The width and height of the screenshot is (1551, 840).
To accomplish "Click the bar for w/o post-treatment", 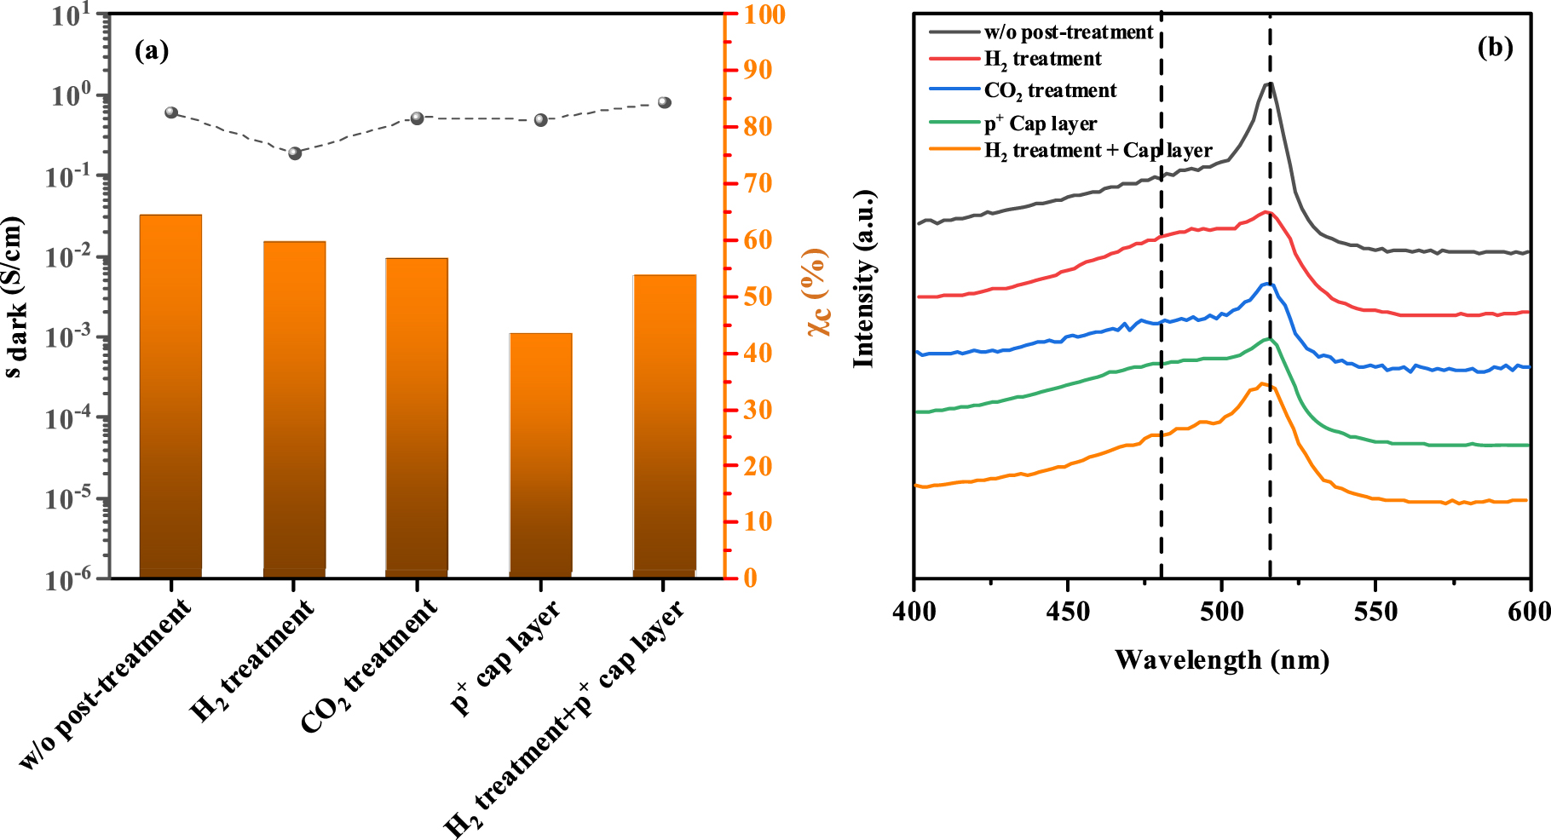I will pyautogui.click(x=170, y=396).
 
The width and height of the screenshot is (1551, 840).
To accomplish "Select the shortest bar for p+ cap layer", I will pyautogui.click(x=540, y=456).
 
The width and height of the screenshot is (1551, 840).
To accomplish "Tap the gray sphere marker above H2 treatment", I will pyautogui.click(x=295, y=153).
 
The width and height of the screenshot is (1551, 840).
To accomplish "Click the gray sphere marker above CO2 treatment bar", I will pyautogui.click(x=418, y=118).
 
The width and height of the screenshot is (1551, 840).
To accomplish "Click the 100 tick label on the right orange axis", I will pyautogui.click(x=764, y=14).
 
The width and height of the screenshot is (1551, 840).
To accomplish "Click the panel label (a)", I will pyautogui.click(x=152, y=51).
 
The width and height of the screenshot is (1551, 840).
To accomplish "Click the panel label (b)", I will pyautogui.click(x=1495, y=48).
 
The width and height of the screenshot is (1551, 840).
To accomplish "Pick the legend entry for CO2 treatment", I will pyautogui.click(x=1050, y=90).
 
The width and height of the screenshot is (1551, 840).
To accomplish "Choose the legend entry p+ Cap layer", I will pyautogui.click(x=1040, y=124).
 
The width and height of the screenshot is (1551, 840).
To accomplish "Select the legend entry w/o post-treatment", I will pyautogui.click(x=1068, y=32).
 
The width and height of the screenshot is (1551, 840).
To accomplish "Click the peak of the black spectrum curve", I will pyautogui.click(x=1270, y=83).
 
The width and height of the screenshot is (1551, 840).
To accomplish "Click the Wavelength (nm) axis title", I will pyautogui.click(x=1222, y=659).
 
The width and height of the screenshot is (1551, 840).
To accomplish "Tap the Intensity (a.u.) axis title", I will pyautogui.click(x=864, y=279).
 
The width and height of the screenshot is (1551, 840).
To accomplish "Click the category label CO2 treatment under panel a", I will pyautogui.click(x=368, y=665).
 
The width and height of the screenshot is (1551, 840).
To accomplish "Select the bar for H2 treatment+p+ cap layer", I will pyautogui.click(x=664, y=426).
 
